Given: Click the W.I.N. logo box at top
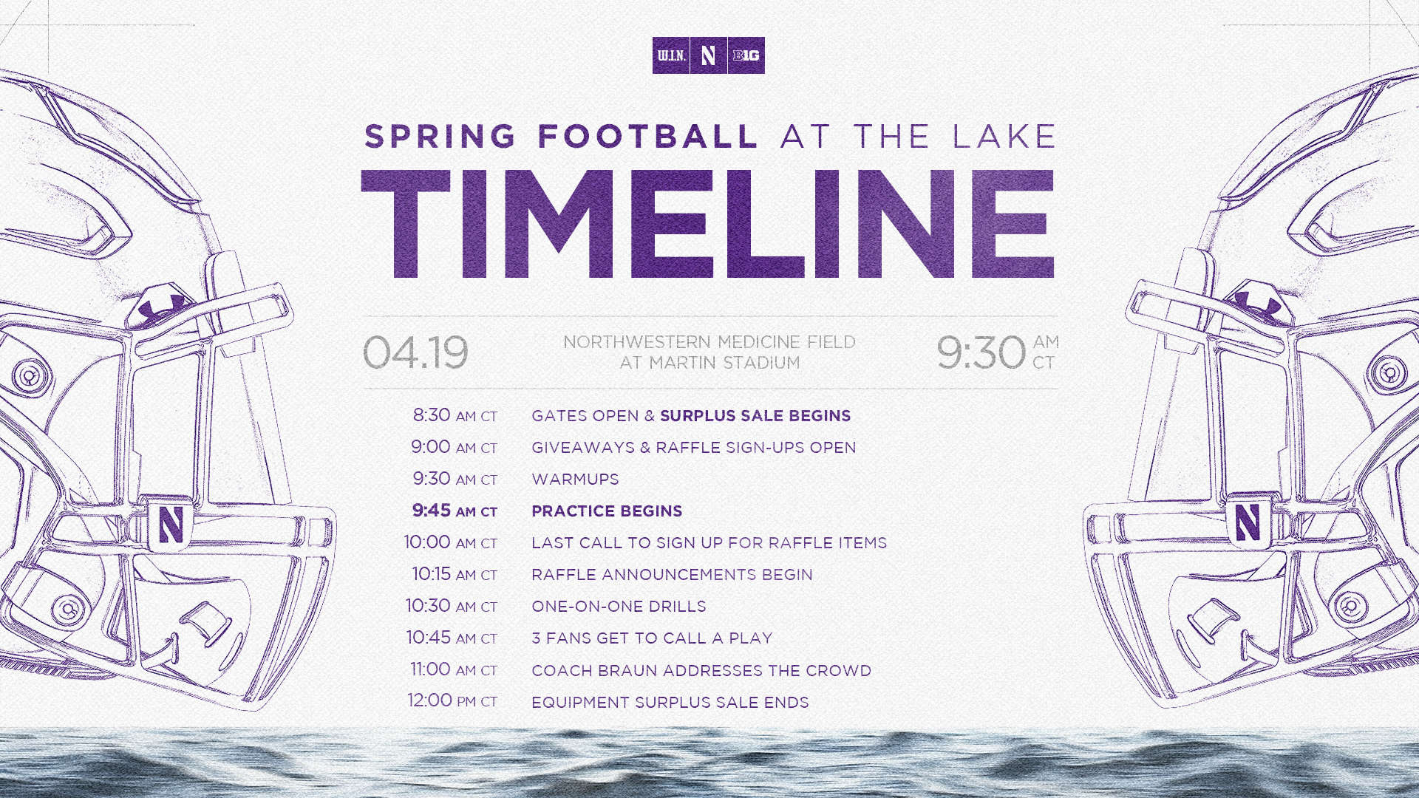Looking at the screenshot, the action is pos(671,55).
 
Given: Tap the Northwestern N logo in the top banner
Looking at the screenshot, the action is pos(709,55).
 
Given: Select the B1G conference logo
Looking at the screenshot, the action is pos(746,55).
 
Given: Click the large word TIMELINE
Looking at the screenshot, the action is pos(708,224).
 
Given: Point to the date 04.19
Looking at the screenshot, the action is pos(415,352).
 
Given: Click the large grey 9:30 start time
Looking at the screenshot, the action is pos(981,352).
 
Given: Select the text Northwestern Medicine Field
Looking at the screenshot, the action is pos(709,342).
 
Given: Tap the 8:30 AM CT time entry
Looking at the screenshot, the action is pos(455,415).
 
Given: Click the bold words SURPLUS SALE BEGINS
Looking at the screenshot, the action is pos(755,416).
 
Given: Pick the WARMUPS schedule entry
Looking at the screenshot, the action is pos(575,480).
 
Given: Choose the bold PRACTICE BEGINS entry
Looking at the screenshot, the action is pos(607,511).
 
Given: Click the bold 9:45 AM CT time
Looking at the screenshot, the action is pos(455,511).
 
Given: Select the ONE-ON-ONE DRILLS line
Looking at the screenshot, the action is pos(619,607).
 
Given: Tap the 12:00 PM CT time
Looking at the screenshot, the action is pos(452,700).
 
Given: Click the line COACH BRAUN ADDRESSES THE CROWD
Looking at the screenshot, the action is pos(701,671).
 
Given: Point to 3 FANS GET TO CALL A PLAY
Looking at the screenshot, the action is pos(652,638).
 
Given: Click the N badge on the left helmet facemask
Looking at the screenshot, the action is pos(171,525).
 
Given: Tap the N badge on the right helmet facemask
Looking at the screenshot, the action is pos(1248,522).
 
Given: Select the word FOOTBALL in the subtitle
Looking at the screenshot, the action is pos(647,137).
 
